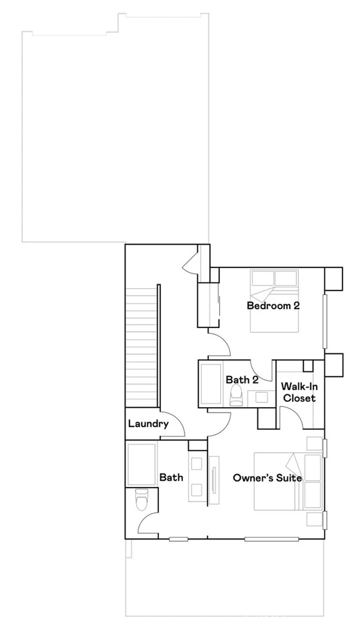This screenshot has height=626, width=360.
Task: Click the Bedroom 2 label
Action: (273, 305)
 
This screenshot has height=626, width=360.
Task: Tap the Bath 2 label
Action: (242, 380)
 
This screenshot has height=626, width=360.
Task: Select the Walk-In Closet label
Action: (299, 392)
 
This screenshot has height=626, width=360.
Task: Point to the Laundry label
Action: (148, 424)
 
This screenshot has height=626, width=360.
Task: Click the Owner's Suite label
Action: (267, 478)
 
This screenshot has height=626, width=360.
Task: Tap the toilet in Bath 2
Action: (236, 394)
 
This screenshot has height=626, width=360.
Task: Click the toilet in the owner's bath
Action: (142, 499)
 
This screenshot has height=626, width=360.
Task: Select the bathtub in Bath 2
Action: (211, 384)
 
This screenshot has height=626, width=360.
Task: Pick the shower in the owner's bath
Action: (141, 464)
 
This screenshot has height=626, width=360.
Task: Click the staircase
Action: (141, 346)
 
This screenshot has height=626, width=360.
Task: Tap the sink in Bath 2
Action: (261, 398)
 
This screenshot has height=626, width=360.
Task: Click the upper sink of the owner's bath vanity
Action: (197, 464)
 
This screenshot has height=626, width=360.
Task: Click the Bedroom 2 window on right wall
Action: (325, 322)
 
